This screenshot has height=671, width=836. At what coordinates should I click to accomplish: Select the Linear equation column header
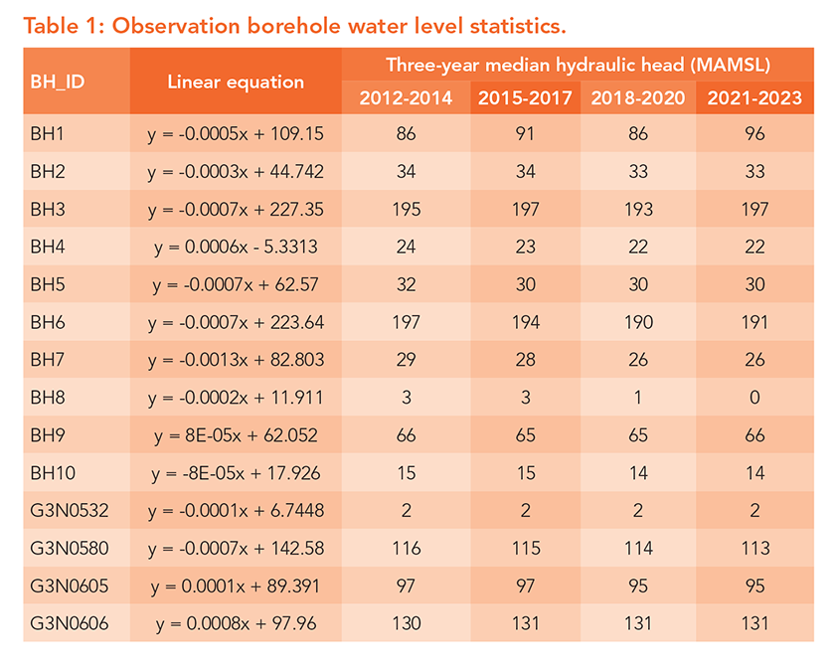236,82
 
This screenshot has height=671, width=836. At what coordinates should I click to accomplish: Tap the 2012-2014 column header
406,97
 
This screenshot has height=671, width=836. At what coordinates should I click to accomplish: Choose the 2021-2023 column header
753,97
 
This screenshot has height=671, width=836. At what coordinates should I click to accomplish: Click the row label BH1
48,132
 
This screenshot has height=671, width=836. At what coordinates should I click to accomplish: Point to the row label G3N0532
68,509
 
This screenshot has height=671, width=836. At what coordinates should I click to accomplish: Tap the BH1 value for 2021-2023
753,132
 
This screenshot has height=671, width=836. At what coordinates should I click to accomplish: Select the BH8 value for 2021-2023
753,398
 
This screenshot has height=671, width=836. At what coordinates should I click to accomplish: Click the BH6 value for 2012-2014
406,322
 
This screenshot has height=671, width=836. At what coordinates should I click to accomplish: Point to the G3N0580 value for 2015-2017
522,548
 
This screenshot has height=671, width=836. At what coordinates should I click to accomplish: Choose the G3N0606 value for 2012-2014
406,623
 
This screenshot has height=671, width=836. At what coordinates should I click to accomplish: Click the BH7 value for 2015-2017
522,360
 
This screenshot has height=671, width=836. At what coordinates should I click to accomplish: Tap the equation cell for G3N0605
236,586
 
